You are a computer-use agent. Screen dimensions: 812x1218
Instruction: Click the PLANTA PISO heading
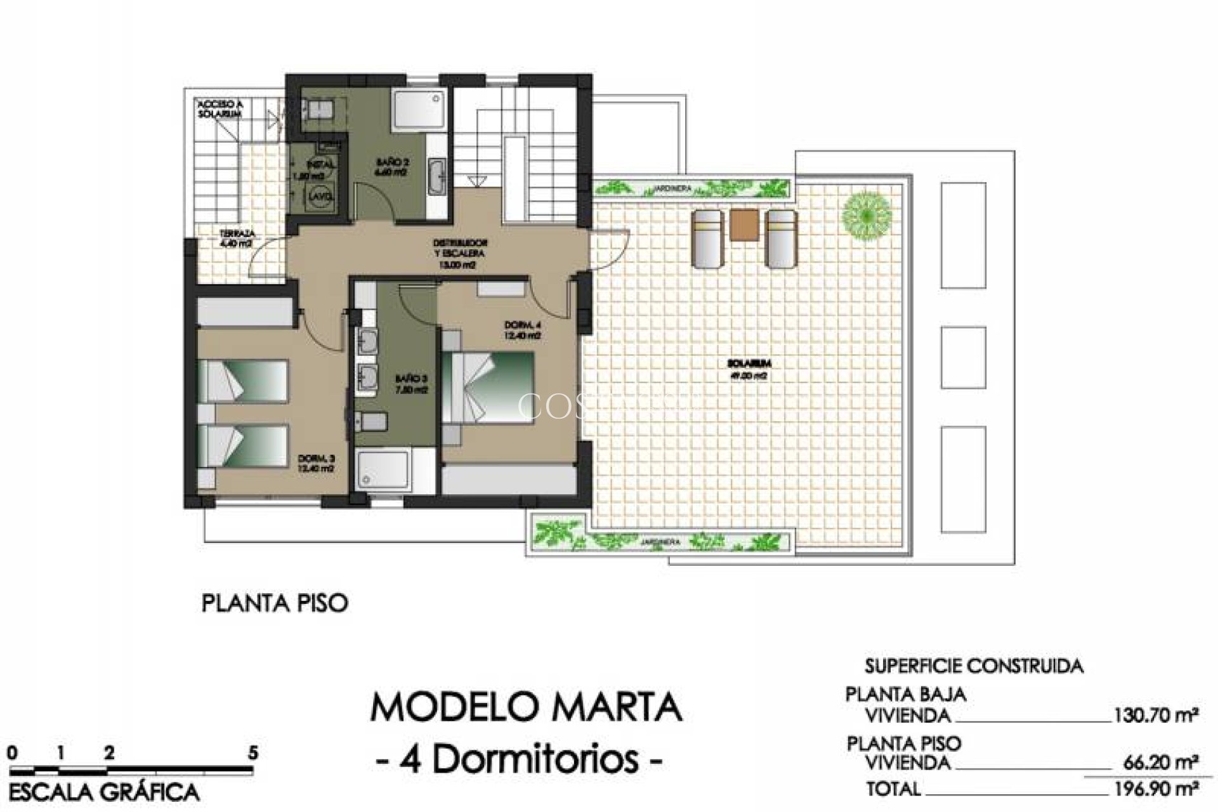pos(275,603)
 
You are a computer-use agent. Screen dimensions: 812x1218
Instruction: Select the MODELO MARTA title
pos(526,708)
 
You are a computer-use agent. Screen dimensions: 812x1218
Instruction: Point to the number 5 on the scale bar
pos(253,753)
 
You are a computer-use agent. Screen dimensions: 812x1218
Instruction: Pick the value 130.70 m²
pos(1155,716)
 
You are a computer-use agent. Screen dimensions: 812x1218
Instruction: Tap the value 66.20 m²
pos(1159,761)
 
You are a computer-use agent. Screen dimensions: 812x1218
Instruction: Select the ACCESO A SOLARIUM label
pos(220,108)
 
